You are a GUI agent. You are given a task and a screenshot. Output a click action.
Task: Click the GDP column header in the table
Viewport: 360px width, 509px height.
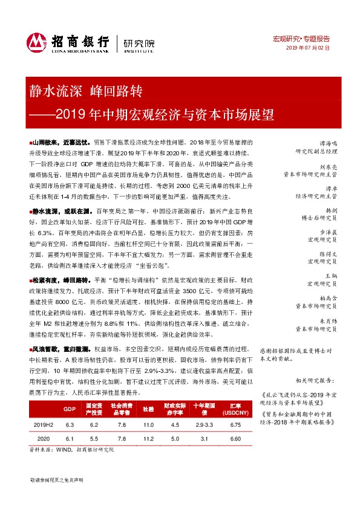pyautogui.click(x=69, y=409)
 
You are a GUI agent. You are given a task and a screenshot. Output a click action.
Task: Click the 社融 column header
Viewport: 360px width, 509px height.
pyautogui.click(x=147, y=409)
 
